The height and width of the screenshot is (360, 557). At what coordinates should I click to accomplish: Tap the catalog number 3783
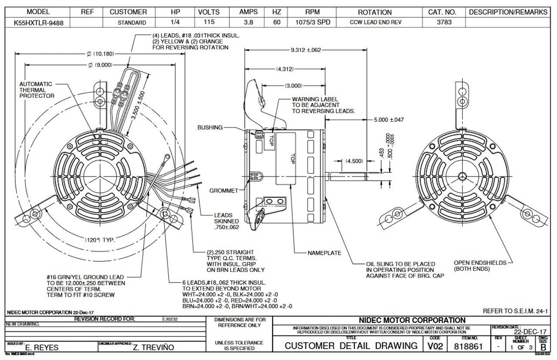[x=444, y=23]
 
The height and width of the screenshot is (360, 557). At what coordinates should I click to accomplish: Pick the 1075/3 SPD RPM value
[x=310, y=23]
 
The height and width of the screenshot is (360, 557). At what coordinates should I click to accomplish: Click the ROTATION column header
[x=374, y=12]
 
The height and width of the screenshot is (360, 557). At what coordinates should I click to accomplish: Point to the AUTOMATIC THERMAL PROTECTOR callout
[x=37, y=90]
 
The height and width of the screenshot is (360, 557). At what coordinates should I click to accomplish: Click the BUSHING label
[x=210, y=128]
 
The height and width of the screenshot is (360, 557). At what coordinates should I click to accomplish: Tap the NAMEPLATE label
[x=324, y=253]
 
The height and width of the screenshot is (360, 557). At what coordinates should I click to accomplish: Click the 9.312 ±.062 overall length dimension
[x=305, y=50]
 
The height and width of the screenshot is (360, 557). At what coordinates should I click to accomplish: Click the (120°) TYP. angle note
[x=100, y=240]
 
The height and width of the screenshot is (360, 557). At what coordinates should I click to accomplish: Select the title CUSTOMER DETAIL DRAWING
[x=351, y=346]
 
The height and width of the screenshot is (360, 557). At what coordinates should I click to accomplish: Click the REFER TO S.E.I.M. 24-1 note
[x=515, y=311]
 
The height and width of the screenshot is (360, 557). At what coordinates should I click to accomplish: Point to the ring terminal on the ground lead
[x=166, y=160]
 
